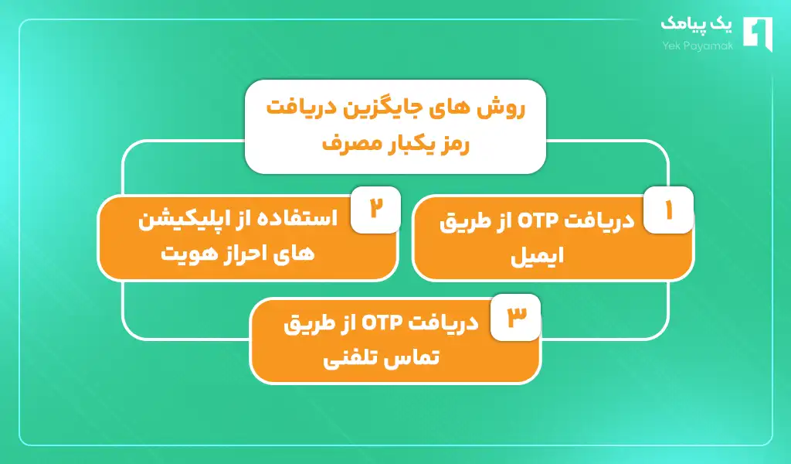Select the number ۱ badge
(668, 210)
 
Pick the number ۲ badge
(375, 210)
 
